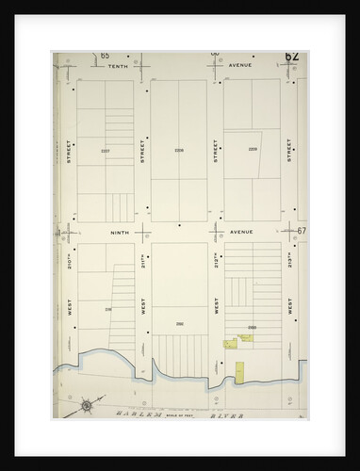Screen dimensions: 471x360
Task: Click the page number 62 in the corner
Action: coord(292,57)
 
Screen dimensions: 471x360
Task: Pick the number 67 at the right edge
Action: coord(302,231)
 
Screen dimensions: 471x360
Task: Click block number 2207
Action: coord(105,151)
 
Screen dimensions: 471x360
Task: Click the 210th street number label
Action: coord(70,259)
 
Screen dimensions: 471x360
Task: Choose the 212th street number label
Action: coord(216,259)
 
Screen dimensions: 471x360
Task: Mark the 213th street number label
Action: coord(288,259)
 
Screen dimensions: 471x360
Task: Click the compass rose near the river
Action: coord(87,406)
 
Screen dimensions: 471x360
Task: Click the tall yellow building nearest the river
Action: coord(238,372)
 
